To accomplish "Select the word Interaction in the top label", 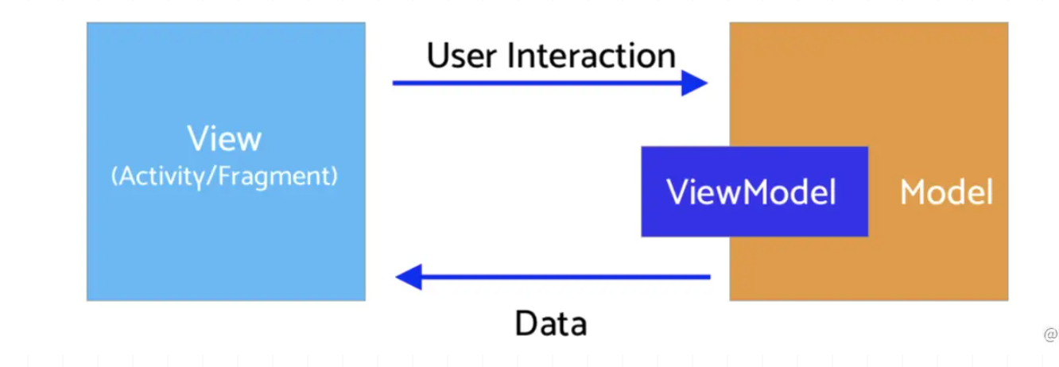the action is click(x=592, y=56).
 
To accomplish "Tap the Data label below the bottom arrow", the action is click(x=551, y=323).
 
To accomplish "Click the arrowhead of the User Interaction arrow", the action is click(x=694, y=83).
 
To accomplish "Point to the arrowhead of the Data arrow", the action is click(x=409, y=276).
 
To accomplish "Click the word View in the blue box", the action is click(x=224, y=138).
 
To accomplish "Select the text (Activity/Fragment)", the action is click(x=224, y=176).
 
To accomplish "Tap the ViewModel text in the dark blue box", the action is click(x=751, y=192).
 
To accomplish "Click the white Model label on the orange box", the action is click(x=946, y=192).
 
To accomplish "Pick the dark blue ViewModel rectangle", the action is click(x=754, y=191).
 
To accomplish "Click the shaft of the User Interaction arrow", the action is click(x=537, y=83).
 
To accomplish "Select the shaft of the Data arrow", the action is click(x=566, y=276).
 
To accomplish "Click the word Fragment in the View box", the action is click(x=275, y=176).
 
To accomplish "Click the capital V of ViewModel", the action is click(x=678, y=192).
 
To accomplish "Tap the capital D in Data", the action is click(x=526, y=323).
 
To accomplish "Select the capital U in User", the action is click(x=439, y=56).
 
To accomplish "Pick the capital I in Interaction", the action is click(x=510, y=56).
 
